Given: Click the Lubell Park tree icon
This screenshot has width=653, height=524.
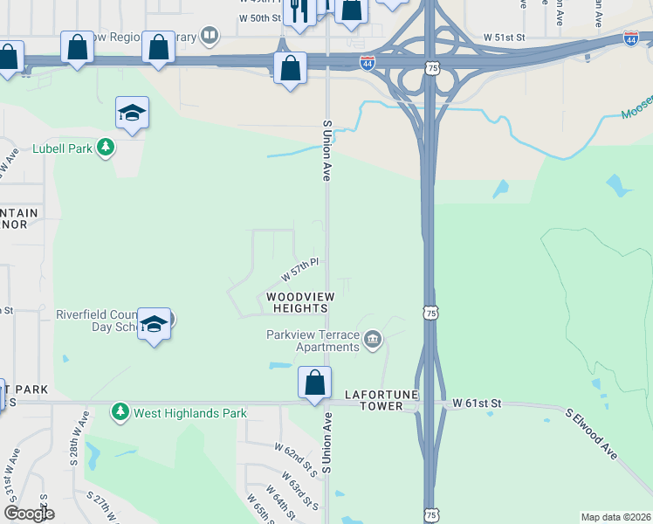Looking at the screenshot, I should (x=106, y=148).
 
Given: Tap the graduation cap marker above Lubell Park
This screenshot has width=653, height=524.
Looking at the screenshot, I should (x=132, y=114).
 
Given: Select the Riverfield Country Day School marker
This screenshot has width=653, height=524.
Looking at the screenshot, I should (x=155, y=324).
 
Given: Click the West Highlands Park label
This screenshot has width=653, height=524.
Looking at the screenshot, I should (x=189, y=413).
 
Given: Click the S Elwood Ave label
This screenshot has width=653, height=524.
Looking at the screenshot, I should (x=590, y=433).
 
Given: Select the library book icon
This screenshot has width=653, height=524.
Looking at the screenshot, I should (x=209, y=36).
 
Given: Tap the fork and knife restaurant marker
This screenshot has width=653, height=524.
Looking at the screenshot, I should (x=299, y=10).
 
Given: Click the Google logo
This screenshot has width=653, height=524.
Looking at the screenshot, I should (x=30, y=514).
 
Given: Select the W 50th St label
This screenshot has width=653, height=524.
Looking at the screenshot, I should (x=259, y=17).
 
